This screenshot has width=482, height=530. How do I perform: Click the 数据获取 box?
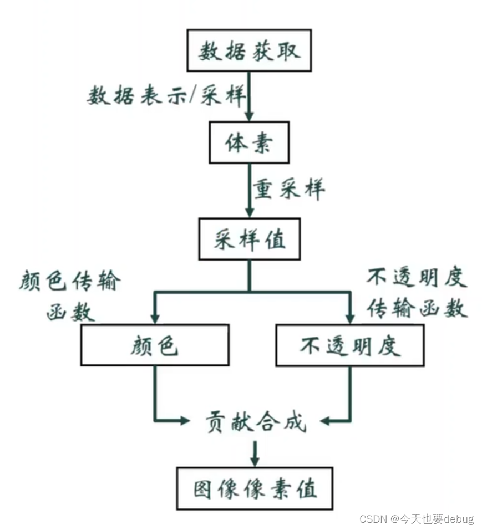[x=250, y=51]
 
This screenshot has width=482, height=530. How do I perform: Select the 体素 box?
[x=249, y=144]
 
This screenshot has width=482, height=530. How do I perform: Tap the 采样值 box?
[x=249, y=240]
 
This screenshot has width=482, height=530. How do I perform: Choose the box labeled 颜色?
[x=155, y=345]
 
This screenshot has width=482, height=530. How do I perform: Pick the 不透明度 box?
[x=350, y=345]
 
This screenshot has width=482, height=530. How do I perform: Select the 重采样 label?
[x=289, y=190]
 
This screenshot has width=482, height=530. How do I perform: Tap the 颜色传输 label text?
[x=69, y=282]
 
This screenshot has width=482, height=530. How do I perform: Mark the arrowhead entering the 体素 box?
[x=249, y=115]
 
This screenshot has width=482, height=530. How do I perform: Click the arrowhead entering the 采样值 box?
[x=249, y=212]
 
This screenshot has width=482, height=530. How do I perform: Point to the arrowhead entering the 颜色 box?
[x=155, y=318]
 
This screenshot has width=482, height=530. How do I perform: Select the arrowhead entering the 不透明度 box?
[x=350, y=318]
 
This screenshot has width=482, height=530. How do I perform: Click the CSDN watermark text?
[x=416, y=519]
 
